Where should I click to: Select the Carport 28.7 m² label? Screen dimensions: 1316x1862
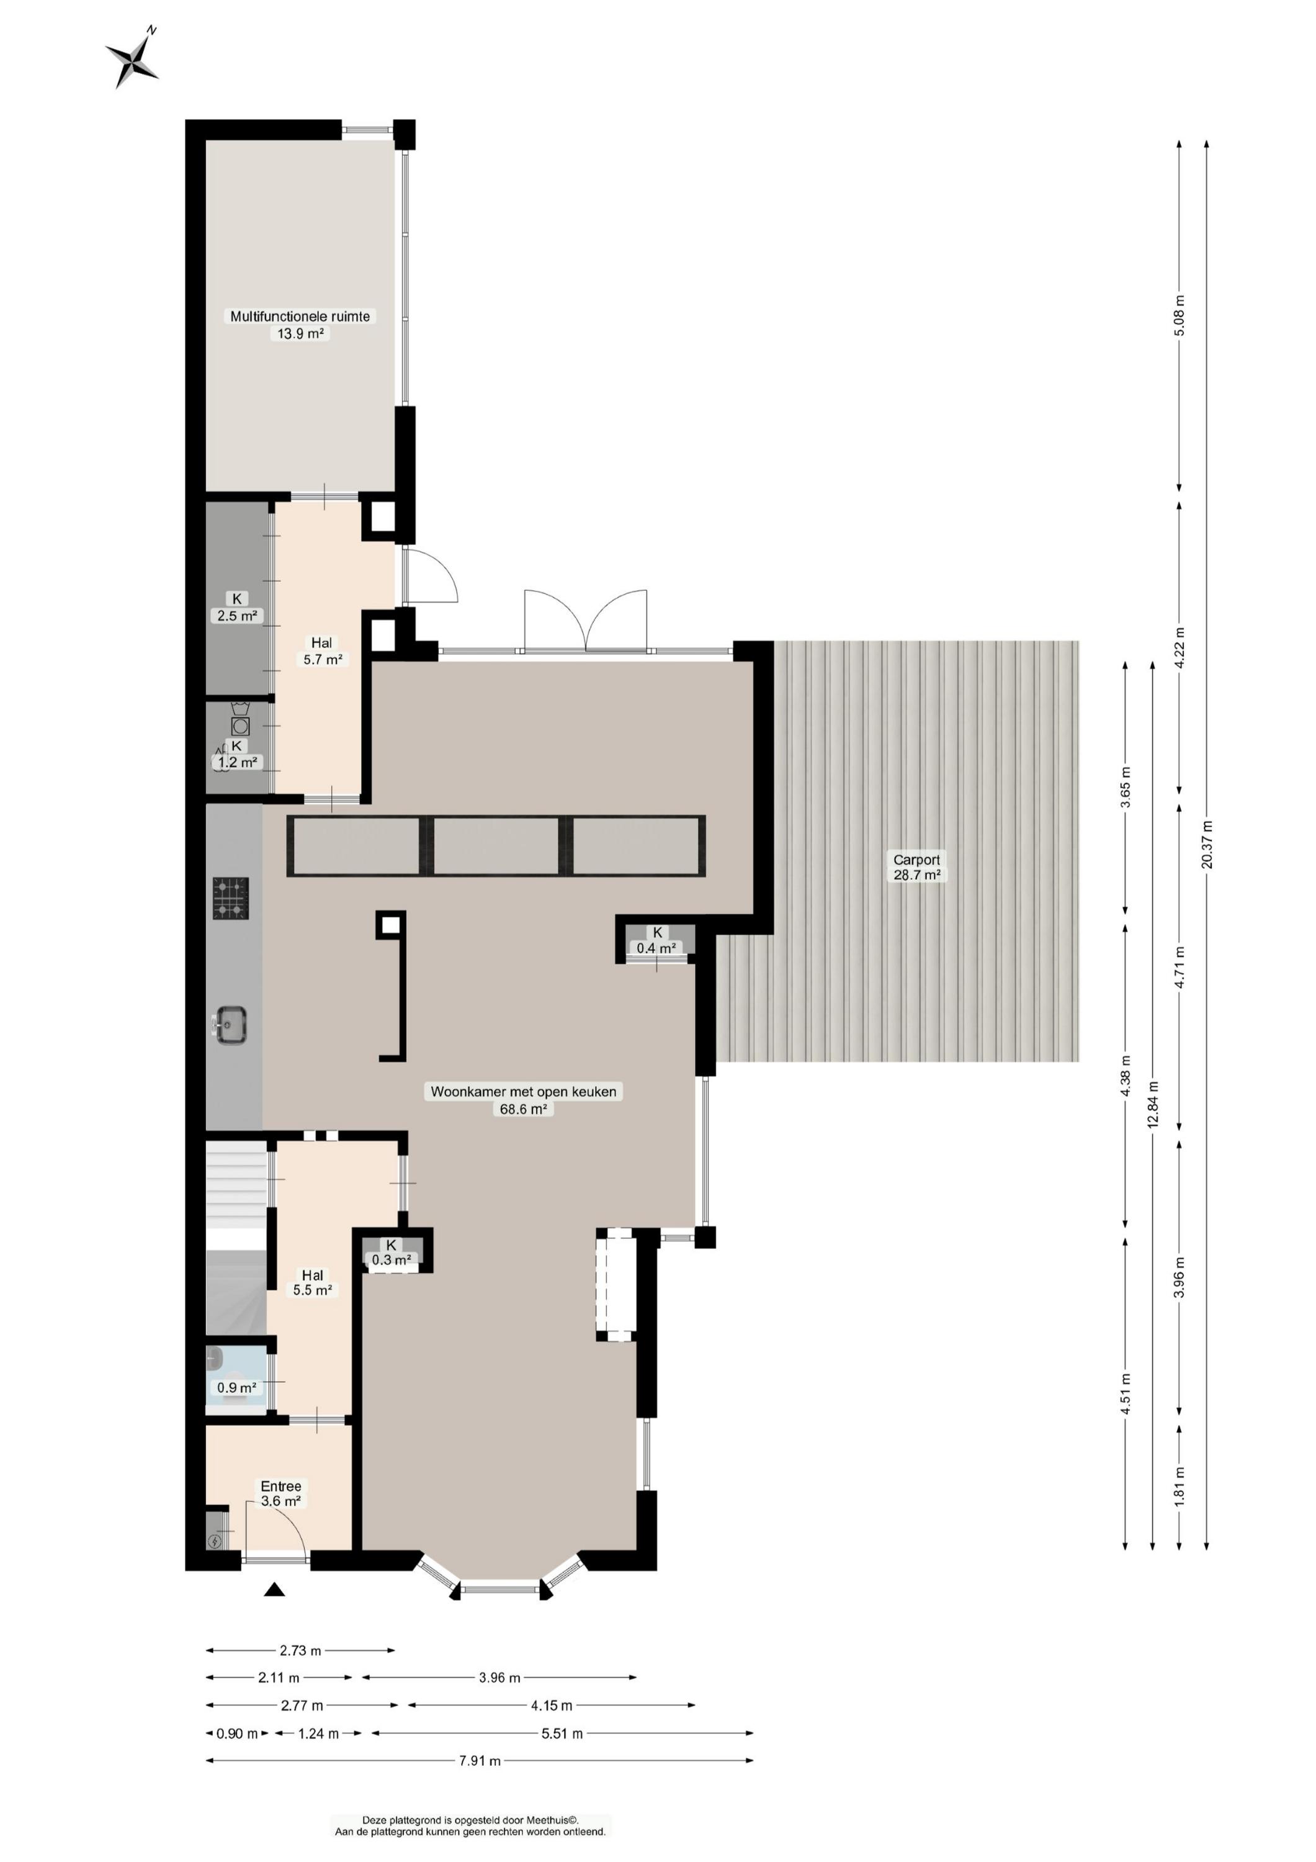(x=916, y=867)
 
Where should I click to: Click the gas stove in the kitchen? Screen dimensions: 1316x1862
(x=231, y=899)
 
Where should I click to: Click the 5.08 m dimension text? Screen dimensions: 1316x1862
(x=1179, y=317)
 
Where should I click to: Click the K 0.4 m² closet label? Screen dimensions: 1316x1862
(x=657, y=940)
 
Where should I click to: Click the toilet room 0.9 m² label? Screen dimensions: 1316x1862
(x=237, y=1388)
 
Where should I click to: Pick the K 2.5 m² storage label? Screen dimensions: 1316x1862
(x=237, y=606)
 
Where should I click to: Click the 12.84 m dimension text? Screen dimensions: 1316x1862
(x=1152, y=1105)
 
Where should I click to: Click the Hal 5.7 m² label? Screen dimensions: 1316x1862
(x=322, y=651)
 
